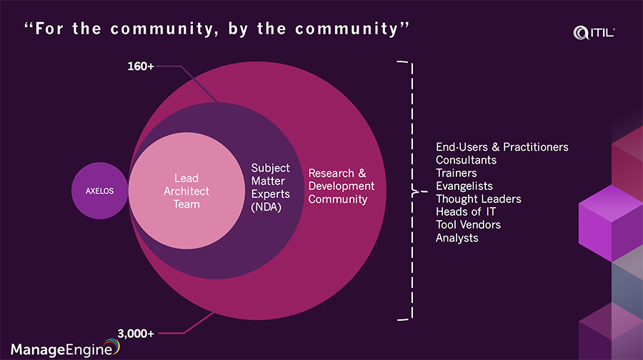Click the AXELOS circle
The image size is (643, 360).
(101, 191)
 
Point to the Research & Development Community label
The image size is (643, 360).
(337, 186)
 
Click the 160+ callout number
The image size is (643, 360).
(141, 66)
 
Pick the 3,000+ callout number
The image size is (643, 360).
(136, 332)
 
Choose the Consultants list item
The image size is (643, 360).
(466, 160)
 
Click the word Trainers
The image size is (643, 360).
(456, 173)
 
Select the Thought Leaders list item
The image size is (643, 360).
(478, 199)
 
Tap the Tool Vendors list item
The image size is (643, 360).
(468, 224)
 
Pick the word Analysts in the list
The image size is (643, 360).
(457, 237)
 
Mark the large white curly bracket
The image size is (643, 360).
(409, 191)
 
